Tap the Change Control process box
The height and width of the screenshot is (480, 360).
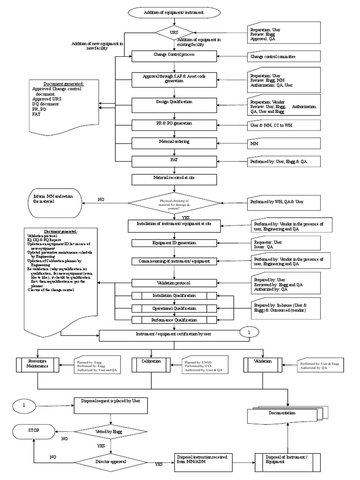pos(174,55)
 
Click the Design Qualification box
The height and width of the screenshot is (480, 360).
pos(174,102)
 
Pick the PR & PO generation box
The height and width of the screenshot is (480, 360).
pos(174,124)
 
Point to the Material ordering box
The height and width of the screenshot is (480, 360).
pos(174,142)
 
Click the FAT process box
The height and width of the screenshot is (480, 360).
pos(174,161)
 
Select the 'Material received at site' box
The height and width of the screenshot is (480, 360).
pos(174,179)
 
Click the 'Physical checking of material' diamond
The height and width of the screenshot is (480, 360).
pos(174,203)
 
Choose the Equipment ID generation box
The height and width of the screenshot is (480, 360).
pos(174,243)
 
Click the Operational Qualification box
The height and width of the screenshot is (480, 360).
pos(174,308)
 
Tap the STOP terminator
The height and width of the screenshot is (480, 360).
pos(34,431)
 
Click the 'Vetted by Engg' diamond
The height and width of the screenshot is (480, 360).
pos(111,432)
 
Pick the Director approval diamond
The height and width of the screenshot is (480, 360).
pos(111,462)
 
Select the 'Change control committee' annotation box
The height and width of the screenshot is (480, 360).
pos(284,57)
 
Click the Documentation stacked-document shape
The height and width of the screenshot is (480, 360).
pos(283,414)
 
